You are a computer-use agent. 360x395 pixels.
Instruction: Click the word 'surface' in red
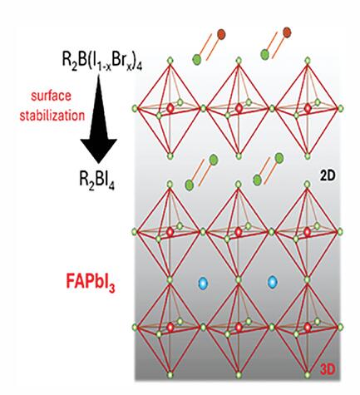click(x=51, y=96)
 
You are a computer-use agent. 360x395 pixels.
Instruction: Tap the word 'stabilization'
click(x=52, y=116)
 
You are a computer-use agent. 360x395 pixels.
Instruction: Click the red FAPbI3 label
click(x=91, y=283)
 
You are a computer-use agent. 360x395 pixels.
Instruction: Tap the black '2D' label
click(x=328, y=176)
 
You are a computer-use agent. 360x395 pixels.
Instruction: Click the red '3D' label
click(x=328, y=369)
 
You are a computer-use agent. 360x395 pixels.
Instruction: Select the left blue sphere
click(x=203, y=283)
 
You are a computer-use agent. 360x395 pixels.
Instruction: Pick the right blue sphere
click(x=272, y=283)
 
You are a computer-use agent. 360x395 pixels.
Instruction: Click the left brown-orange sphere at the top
click(x=221, y=34)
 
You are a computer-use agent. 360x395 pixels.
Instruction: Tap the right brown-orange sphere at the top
click(x=287, y=32)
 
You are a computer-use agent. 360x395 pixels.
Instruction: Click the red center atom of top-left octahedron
click(x=170, y=108)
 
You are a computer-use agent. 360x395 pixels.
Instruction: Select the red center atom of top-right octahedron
click(x=308, y=108)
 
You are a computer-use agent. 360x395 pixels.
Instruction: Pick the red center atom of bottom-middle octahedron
click(x=239, y=328)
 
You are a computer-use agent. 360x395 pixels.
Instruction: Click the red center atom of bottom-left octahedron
click(x=170, y=328)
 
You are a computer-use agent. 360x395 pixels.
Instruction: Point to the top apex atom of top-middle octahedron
click(x=239, y=61)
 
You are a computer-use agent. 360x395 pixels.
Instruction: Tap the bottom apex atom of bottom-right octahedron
click(x=308, y=375)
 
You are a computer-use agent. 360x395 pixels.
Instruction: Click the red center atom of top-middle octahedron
click(x=239, y=108)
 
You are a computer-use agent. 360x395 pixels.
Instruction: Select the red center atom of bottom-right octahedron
click(x=308, y=328)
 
